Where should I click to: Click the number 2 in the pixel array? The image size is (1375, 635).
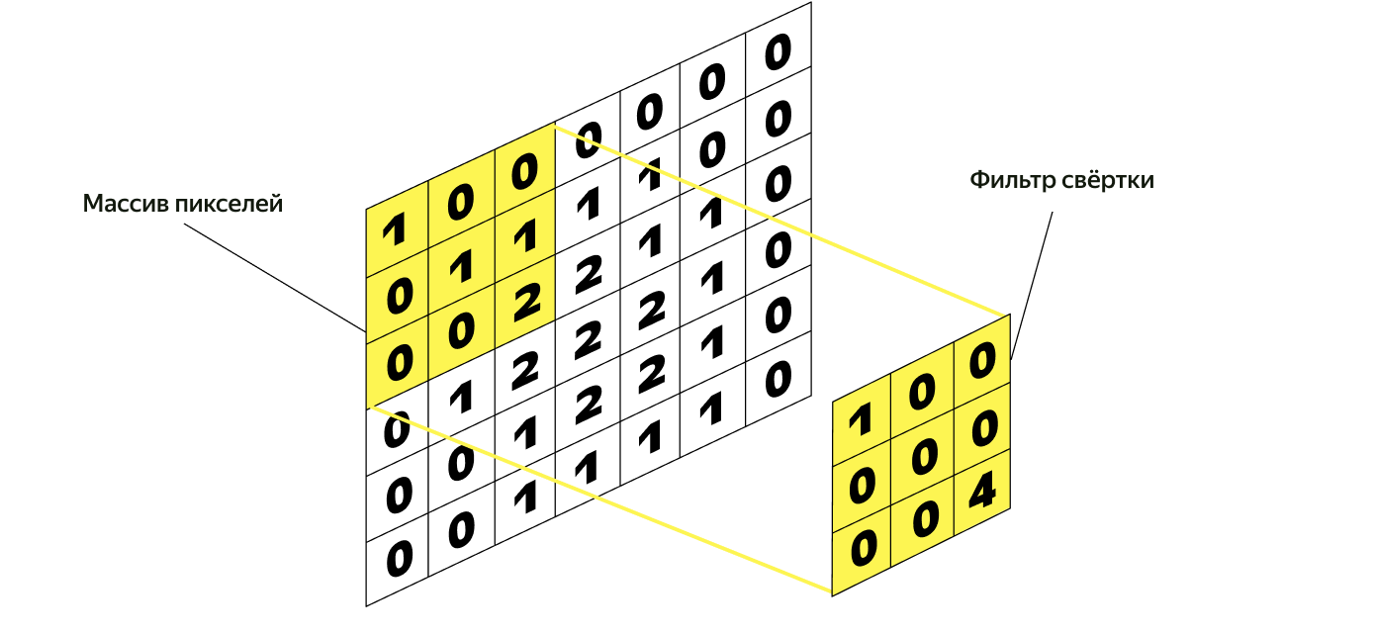tap(524, 301)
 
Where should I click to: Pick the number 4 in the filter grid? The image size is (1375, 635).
tap(980, 492)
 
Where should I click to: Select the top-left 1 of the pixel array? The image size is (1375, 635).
tap(395, 231)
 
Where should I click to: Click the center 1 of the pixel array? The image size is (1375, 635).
tap(460, 269)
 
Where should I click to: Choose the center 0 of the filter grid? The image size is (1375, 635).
tap(922, 457)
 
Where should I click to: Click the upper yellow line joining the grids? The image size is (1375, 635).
tap(781, 221)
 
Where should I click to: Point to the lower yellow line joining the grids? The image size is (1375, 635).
tap(598, 499)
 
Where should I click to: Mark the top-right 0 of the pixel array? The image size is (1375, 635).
tap(524, 172)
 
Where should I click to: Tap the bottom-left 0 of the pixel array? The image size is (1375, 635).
tap(397, 364)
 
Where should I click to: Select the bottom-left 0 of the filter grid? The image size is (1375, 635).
tap(862, 550)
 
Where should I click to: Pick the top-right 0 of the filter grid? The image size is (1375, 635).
tap(980, 362)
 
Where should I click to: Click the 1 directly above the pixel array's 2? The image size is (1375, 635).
tap(524, 236)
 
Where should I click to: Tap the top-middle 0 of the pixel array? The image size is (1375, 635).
tap(460, 204)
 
